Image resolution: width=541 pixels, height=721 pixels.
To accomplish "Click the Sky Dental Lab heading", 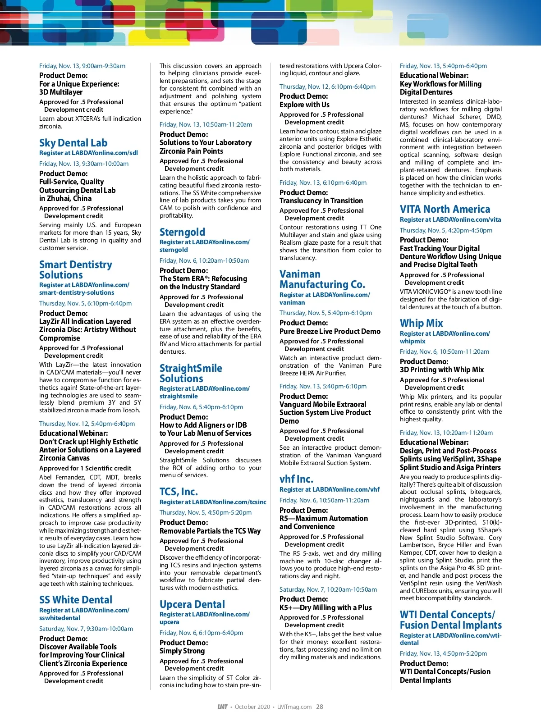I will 73,143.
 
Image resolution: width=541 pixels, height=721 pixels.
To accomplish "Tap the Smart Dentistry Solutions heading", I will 75,270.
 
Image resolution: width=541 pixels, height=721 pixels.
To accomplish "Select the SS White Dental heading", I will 76,600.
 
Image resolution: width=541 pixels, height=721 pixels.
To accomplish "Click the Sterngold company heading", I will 182,232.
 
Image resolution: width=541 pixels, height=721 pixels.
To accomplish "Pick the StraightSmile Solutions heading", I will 191,374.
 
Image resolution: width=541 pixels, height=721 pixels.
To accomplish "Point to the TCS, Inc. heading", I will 179,492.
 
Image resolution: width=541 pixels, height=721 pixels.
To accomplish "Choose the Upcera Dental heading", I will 192,604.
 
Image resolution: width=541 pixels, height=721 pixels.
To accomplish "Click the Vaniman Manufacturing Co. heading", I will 322,279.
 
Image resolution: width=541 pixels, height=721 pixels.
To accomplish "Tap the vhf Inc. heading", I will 296,479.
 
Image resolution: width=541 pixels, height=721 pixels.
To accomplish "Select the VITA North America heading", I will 445,209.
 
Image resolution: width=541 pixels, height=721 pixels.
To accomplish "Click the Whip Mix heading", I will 421,323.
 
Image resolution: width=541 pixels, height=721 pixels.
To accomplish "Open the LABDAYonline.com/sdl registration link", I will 88,153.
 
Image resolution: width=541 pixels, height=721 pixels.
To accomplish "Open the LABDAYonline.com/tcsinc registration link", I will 213,502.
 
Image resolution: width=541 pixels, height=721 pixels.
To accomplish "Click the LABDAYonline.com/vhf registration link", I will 330,489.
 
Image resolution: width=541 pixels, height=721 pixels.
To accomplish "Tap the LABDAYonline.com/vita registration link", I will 450,219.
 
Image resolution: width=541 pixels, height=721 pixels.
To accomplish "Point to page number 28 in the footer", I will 319,707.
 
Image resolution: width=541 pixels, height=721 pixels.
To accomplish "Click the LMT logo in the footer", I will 222,707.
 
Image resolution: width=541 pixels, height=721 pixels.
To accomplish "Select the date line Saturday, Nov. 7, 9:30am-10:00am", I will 86,629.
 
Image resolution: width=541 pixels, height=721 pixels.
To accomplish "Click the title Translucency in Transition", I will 321,201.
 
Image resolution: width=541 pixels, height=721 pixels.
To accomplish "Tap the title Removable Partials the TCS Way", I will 210,531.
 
